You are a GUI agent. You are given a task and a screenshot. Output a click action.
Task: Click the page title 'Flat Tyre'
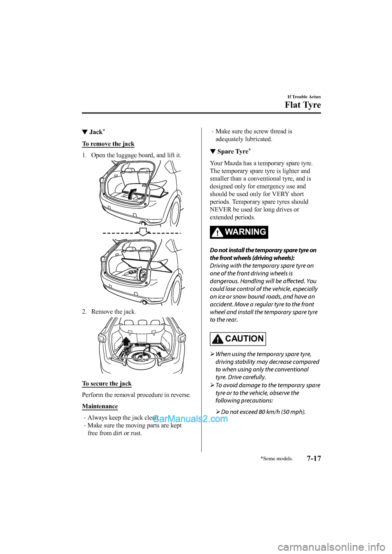click(x=303, y=105)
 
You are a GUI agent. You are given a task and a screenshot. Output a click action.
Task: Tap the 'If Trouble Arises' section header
click(x=304, y=97)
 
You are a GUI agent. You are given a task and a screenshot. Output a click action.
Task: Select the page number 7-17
click(x=314, y=458)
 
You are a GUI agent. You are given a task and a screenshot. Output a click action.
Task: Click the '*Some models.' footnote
click(x=276, y=459)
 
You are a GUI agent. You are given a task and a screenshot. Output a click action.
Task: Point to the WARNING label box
click(x=239, y=232)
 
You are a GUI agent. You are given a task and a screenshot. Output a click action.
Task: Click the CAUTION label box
click(x=238, y=339)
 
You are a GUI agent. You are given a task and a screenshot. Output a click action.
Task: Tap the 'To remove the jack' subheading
click(x=108, y=144)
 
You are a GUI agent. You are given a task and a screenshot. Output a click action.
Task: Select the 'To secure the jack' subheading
click(x=107, y=383)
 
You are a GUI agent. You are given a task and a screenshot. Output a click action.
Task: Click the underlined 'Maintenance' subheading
click(x=100, y=406)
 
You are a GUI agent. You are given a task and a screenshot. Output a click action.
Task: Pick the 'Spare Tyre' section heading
click(x=232, y=151)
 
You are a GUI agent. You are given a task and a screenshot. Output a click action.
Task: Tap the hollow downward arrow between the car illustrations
click(x=143, y=232)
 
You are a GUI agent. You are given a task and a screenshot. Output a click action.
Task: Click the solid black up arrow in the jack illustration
click(x=126, y=342)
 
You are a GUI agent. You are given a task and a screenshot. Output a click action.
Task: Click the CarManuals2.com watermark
click(x=190, y=419)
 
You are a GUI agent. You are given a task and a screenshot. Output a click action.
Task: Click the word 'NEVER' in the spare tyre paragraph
click(x=220, y=210)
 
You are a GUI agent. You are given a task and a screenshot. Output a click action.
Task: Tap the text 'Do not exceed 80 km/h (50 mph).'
click(x=263, y=412)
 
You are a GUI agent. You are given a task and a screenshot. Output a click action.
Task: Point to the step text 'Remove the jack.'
click(x=114, y=312)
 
